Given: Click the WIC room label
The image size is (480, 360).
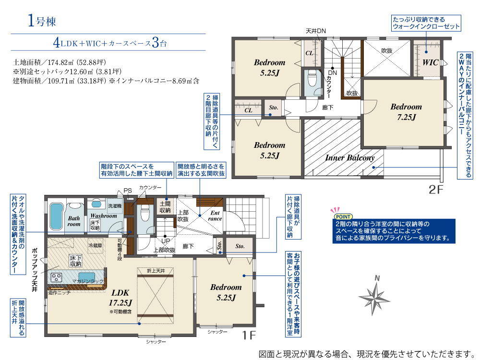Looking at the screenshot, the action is tap(430, 62).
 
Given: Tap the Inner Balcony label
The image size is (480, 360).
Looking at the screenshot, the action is tap(349, 157).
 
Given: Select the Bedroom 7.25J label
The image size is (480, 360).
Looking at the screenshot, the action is tap(406, 112).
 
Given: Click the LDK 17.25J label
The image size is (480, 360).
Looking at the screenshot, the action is tap(120, 298).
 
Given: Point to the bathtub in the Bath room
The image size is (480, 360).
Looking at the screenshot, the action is tap(56, 216).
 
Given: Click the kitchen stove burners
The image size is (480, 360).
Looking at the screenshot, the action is tap(56, 277).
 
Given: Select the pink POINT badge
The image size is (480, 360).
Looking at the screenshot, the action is tap(343, 216).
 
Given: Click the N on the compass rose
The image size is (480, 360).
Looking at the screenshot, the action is tap(377, 278).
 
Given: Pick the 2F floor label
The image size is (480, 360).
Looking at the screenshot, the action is tap(436, 190).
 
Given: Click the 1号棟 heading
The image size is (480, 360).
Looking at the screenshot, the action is tap(42, 21).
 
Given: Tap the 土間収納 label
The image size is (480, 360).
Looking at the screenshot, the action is tap(165, 207).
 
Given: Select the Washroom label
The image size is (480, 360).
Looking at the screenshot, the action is tap(104, 216).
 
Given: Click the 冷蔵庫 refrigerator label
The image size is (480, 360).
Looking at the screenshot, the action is tap(95, 245).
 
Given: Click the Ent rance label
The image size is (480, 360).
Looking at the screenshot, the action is tap(215, 216).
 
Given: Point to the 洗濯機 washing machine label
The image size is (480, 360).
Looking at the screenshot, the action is tap(115, 206).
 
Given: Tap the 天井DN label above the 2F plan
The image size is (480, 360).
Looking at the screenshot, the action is tap(316, 31).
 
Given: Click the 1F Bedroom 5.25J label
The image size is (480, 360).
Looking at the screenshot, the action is tap(226, 292).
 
